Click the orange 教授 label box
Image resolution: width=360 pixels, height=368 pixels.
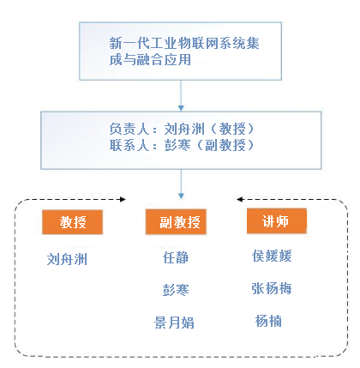[x=72, y=222]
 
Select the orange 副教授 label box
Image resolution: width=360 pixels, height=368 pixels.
[x=176, y=222]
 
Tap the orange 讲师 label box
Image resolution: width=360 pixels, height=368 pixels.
[x=277, y=220]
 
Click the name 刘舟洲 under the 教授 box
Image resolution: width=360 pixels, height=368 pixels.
[x=67, y=259]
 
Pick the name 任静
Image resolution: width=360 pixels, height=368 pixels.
[x=176, y=257]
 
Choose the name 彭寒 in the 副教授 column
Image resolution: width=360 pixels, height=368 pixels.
[x=176, y=290]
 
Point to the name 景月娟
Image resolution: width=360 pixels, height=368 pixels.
[x=174, y=323]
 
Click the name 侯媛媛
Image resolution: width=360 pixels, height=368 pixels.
[x=272, y=256]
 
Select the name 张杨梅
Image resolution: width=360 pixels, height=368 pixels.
[x=272, y=288]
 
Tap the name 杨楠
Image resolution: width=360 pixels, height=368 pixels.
[x=268, y=321]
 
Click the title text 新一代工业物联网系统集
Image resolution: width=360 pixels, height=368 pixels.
[x=184, y=44]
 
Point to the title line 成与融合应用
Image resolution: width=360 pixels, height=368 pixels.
[x=150, y=60]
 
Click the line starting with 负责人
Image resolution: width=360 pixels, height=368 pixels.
[x=182, y=129]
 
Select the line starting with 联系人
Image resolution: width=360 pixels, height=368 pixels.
[x=182, y=145]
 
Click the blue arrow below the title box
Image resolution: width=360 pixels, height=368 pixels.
[x=181, y=95]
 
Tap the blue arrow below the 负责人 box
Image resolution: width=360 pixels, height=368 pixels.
[x=181, y=184]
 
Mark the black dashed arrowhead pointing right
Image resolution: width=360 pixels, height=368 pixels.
[x=123, y=199]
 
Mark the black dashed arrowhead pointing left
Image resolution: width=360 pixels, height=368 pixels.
[x=240, y=199]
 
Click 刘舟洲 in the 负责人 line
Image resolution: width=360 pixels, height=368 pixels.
[x=184, y=129]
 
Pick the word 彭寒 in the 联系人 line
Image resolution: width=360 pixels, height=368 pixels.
[x=177, y=145]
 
